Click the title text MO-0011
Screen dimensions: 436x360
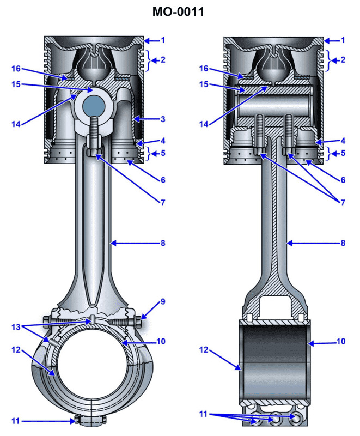(179, 11)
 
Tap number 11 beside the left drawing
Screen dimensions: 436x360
(16, 420)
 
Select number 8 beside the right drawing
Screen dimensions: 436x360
(343, 243)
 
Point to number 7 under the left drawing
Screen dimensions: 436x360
(162, 202)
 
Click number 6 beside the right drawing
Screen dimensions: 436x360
(343, 179)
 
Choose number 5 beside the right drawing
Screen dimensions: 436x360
(343, 154)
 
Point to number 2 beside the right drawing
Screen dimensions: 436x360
(343, 60)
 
